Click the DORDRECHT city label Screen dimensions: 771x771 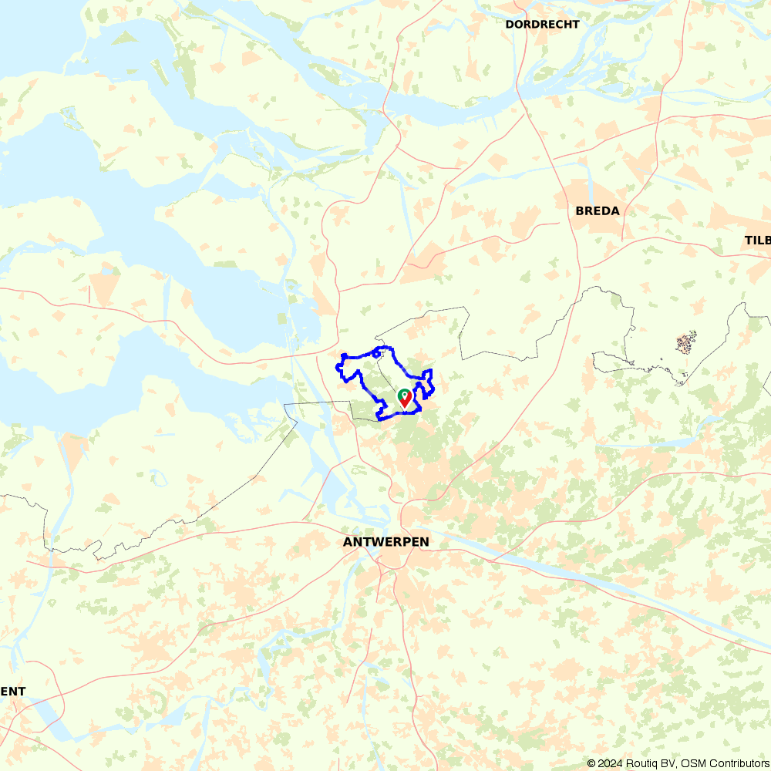pos(542,25)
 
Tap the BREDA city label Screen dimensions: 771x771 pos(598,210)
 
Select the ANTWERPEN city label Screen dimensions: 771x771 pos(385,542)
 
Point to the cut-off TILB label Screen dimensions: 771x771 pos(757,241)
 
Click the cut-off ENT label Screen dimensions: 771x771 pos(13,692)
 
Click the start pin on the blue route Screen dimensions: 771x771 pos(404,399)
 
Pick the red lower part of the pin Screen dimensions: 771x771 pos(405,402)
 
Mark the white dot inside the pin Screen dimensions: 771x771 pos(404,395)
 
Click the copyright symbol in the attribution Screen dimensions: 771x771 pos(591,763)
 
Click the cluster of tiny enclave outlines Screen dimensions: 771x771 pos(685,343)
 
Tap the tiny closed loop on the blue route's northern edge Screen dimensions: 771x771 pos(376,352)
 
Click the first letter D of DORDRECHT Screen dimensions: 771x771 pos(510,25)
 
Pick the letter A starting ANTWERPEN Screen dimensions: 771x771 pos(348,542)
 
